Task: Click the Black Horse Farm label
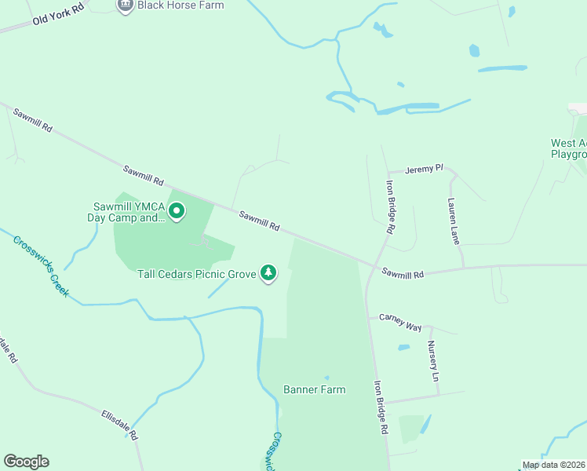coord(180,5)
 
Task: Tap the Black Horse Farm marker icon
coord(124,5)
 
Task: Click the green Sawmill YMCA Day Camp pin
coord(177,211)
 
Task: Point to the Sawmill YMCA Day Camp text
coord(126,212)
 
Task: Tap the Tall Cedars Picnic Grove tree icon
coord(269,273)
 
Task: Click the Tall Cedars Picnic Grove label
coord(198,275)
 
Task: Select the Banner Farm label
coord(314,389)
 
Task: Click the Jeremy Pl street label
coord(427,169)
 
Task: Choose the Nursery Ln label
coord(432,361)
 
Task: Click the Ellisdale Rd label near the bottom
coord(120,423)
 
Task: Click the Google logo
coord(26,462)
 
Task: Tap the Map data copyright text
coord(554,465)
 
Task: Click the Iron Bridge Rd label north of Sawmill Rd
coord(389,208)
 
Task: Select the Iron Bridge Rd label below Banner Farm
coord(381,407)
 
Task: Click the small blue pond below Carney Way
coord(403,347)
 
